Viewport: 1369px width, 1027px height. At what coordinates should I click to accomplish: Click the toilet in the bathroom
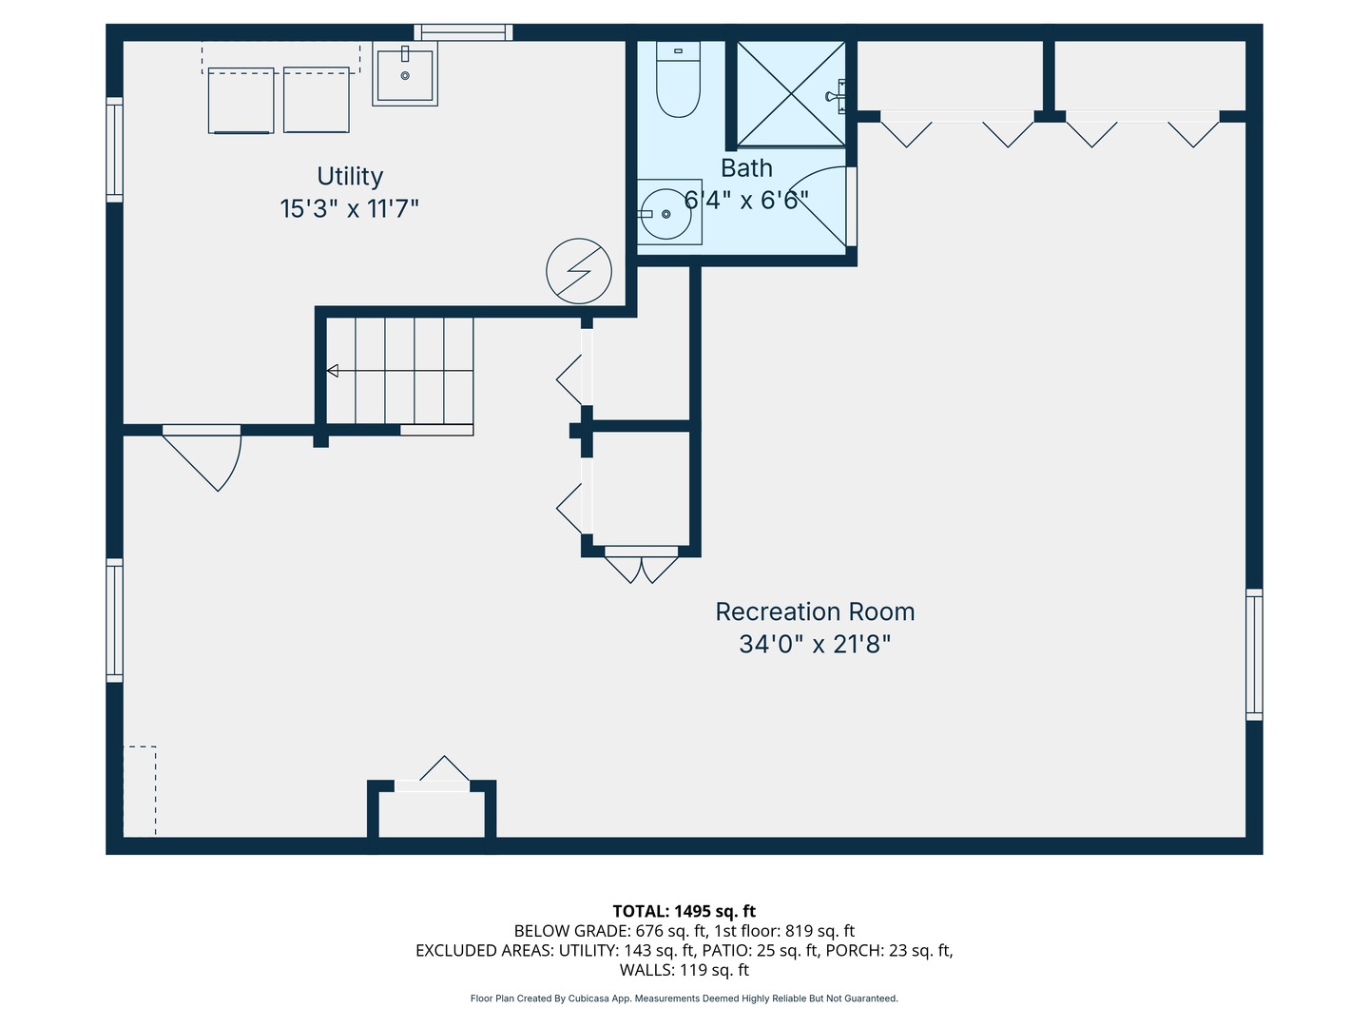click(678, 81)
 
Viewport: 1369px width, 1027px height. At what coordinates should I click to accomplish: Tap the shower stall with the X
click(791, 94)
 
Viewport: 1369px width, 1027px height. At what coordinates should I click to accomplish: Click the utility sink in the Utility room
click(405, 75)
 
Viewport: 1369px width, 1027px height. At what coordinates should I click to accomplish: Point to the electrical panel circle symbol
click(579, 271)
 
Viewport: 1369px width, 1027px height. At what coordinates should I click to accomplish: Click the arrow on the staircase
click(333, 371)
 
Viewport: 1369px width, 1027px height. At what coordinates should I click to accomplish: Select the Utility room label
click(350, 176)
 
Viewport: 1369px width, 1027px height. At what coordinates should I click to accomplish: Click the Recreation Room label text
click(815, 611)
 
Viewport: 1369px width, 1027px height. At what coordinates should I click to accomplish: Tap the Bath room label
click(746, 168)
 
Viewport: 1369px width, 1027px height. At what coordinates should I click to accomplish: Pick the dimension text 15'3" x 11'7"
click(349, 208)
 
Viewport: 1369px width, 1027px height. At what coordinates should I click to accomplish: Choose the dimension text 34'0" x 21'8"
click(815, 644)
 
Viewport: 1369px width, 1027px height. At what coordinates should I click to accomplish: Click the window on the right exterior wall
click(1254, 654)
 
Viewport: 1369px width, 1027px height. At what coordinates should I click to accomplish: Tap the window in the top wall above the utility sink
click(463, 32)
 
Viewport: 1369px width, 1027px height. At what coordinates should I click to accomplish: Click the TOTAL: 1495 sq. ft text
click(684, 911)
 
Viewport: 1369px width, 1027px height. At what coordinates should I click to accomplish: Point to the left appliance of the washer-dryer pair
click(241, 100)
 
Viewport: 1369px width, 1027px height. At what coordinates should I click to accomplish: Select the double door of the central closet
click(642, 565)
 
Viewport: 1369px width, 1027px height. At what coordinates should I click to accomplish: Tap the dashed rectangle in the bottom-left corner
click(140, 791)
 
